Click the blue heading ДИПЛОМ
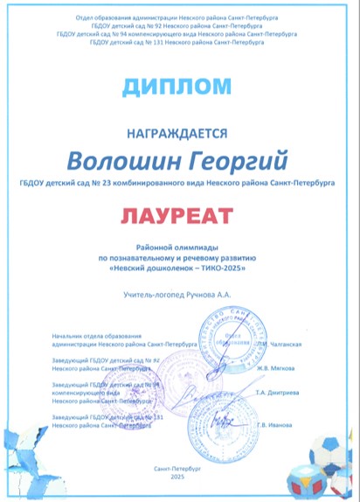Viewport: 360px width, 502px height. point(179,86)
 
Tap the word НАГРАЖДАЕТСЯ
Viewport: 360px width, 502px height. point(179,133)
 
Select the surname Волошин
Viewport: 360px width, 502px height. point(128,161)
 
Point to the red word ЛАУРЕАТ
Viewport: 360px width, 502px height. point(179,213)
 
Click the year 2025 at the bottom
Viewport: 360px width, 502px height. point(177,477)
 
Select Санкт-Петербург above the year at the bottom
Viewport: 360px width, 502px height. point(177,470)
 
